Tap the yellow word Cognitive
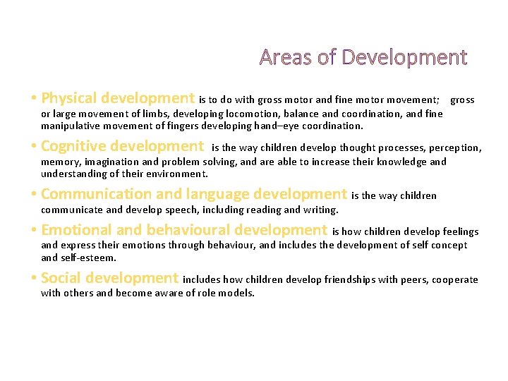(73, 147)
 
